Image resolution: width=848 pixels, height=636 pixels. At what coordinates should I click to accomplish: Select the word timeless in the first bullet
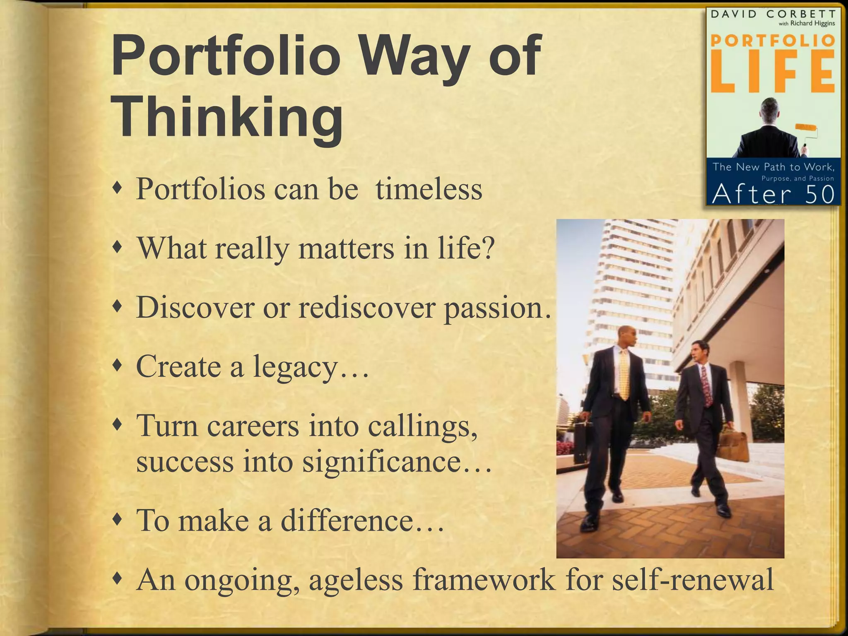click(x=429, y=189)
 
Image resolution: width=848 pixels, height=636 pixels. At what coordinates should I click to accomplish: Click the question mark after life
click(x=489, y=248)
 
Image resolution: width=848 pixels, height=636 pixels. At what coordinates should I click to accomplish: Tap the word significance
click(x=381, y=461)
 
